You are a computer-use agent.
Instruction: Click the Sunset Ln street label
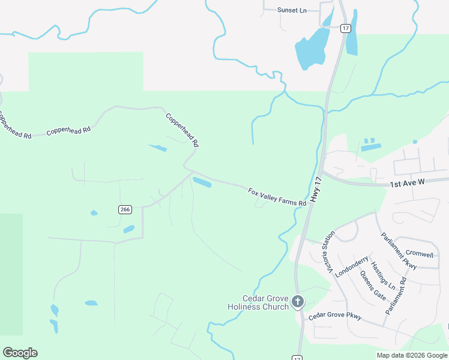click(292, 10)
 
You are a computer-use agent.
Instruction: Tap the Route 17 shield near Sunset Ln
click(345, 28)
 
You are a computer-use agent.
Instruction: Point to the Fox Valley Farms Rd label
click(277, 197)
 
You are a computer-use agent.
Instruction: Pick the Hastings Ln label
click(383, 274)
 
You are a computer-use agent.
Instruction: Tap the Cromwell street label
click(420, 254)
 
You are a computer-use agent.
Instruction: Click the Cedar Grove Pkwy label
click(335, 316)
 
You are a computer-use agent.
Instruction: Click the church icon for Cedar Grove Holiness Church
click(298, 302)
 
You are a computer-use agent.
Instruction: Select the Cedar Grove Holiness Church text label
click(258, 302)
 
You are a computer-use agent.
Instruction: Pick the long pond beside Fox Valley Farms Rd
click(202, 182)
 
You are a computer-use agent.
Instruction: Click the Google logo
click(20, 353)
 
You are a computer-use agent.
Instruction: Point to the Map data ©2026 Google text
click(412, 355)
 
